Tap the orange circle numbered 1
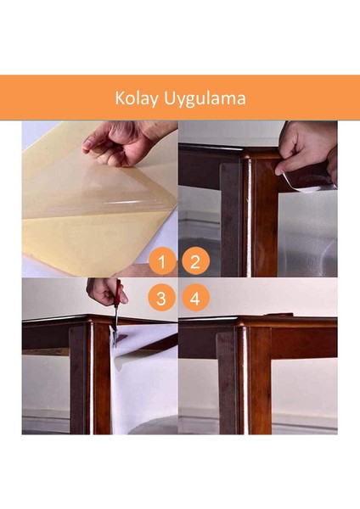click(x=161, y=262)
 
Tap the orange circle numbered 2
click(x=195, y=262)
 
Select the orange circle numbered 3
click(x=161, y=299)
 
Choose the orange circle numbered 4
click(x=195, y=299)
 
